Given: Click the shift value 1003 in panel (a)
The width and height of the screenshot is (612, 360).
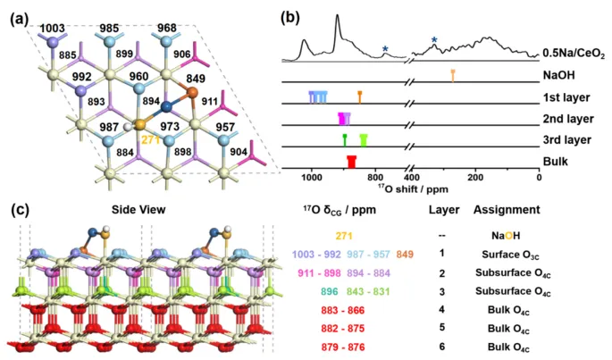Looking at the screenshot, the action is click(53, 28).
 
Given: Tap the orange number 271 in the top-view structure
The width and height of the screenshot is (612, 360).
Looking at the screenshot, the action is click(151, 139).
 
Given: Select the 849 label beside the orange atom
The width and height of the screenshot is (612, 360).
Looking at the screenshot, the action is click(196, 79).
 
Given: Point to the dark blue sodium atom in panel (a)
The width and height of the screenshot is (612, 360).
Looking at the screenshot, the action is click(166, 106).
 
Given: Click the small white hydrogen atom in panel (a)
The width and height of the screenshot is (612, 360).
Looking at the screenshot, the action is click(127, 127).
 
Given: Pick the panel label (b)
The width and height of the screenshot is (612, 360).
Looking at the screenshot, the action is click(290, 18).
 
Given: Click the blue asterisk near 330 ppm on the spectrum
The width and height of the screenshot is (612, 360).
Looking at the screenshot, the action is click(434, 40).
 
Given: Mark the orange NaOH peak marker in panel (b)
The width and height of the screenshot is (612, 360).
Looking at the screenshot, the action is click(453, 76).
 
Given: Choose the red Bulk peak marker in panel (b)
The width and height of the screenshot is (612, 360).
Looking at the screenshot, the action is click(352, 162).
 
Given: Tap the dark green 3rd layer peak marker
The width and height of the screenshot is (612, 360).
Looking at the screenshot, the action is click(345, 140).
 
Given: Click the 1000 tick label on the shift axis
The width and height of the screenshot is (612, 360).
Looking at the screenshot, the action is click(312, 177).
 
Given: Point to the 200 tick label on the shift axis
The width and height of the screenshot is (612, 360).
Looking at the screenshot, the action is click(475, 177).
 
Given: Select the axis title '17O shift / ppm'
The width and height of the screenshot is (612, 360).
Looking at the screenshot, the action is click(413, 188).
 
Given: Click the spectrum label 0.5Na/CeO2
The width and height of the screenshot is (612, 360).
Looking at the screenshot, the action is click(574, 54).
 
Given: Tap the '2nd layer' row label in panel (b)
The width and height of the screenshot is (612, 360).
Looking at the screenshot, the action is click(568, 119).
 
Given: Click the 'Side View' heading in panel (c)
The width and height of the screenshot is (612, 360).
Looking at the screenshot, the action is click(138, 210).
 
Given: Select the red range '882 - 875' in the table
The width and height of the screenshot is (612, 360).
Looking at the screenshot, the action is click(343, 329).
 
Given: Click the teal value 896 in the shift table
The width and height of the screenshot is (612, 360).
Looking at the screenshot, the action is click(330, 292).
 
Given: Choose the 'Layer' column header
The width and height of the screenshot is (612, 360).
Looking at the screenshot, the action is click(444, 210).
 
